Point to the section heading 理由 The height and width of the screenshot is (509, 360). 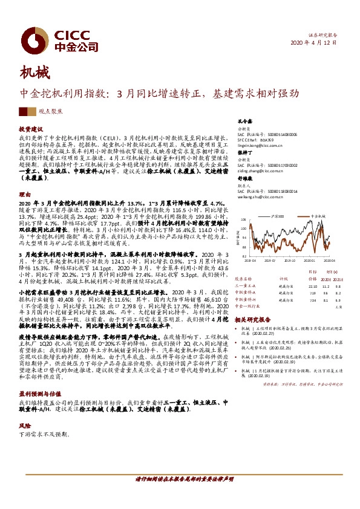24,194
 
